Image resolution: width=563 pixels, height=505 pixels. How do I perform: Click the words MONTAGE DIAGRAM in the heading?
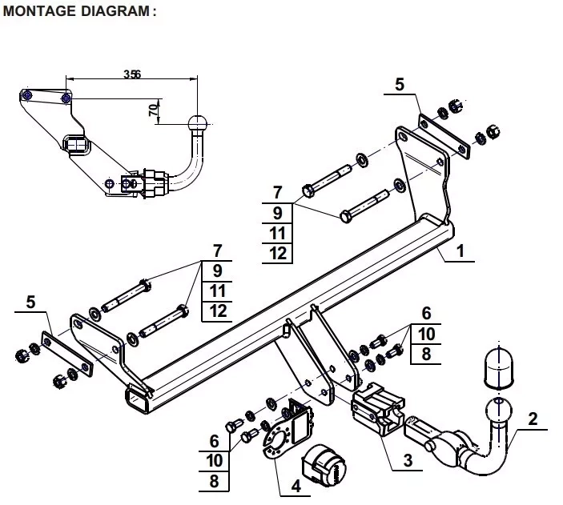point(76,10)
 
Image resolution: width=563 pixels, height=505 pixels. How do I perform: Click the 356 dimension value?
point(132,74)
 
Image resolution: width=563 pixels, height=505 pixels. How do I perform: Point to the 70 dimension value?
point(154,110)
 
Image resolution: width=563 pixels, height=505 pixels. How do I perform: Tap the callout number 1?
point(460,250)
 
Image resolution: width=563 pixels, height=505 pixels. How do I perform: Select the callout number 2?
point(533,419)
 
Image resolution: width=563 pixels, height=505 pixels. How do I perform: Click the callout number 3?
point(408,460)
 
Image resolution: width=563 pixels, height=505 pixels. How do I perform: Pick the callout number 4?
point(296,487)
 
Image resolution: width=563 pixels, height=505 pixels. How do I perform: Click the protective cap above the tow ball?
point(499,368)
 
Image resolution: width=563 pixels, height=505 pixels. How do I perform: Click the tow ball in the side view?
point(197,123)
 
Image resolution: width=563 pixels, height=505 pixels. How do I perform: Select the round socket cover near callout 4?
point(324,466)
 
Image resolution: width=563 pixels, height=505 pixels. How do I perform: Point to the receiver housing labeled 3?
point(378,408)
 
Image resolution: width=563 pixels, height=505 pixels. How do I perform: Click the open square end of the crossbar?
point(136,399)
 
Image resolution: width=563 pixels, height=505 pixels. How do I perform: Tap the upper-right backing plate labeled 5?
point(444,137)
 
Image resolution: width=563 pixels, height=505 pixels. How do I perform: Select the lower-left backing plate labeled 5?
point(67,354)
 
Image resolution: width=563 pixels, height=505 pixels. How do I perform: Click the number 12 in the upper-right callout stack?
point(278,254)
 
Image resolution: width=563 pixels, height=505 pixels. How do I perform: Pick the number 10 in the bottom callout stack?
point(215,460)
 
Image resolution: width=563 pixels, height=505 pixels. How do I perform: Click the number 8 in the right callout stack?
point(426,355)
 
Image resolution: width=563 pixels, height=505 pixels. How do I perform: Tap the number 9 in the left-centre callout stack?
point(217,271)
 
